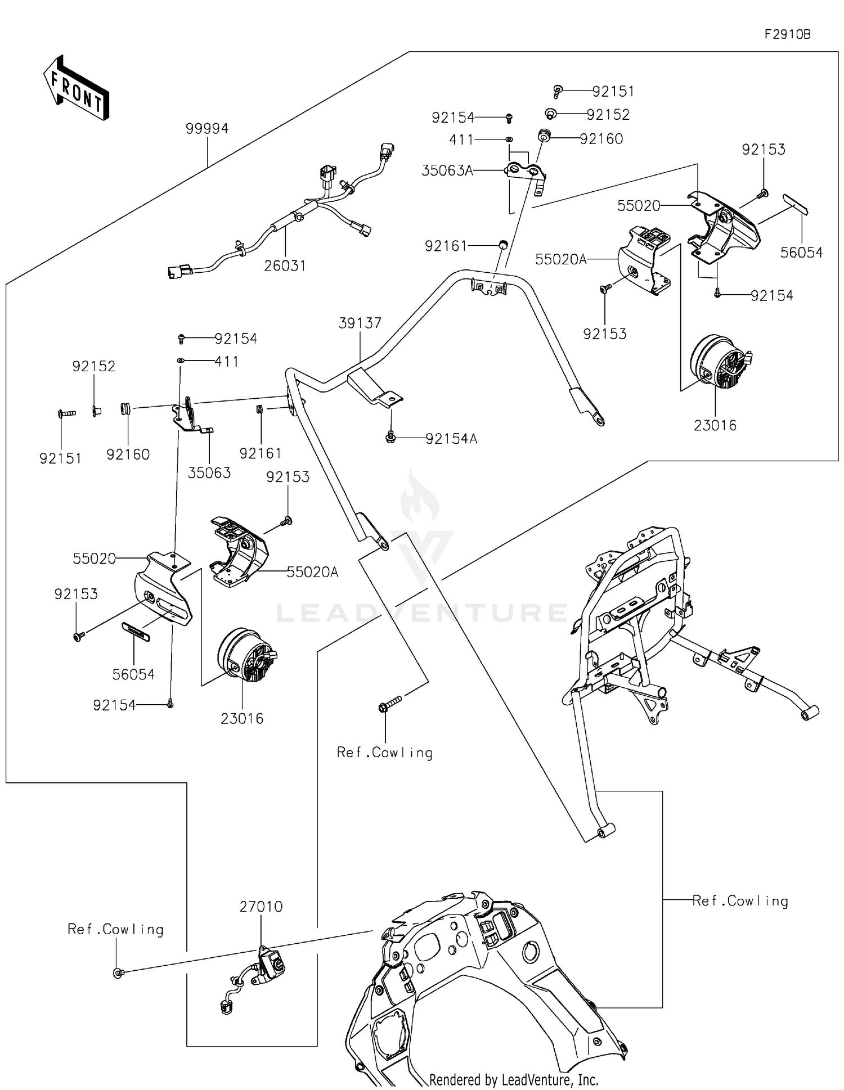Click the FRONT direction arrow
click(76, 89)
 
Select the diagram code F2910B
click(787, 34)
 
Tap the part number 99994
click(207, 129)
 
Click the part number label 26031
click(285, 265)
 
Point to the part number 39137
click(360, 323)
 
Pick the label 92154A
click(451, 439)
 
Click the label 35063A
click(447, 170)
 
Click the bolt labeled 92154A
click(389, 436)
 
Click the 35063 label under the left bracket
click(209, 473)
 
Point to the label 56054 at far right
click(801, 253)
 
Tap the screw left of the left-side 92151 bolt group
click(66, 414)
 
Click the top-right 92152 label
click(608, 115)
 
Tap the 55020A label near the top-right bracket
click(560, 259)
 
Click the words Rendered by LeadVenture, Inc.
click(513, 1079)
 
